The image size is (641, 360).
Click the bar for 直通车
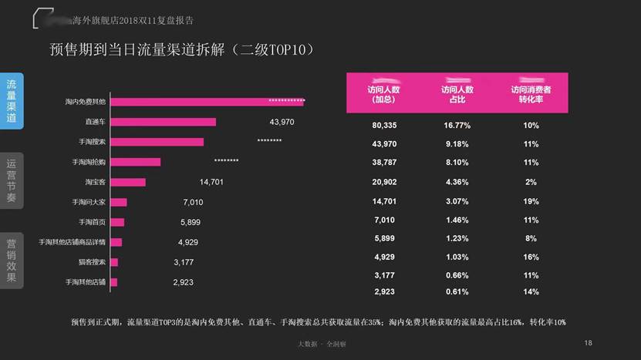(x=164, y=122)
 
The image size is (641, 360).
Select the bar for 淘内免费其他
(x=207, y=102)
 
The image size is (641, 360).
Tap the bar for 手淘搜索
(x=157, y=142)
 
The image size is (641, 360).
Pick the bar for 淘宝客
(x=128, y=182)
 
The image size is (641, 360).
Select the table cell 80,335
(x=384, y=125)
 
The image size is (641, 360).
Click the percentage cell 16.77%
(x=457, y=125)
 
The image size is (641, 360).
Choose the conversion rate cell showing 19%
(x=530, y=200)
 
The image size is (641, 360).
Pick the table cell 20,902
(x=384, y=182)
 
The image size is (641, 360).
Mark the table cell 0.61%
(x=457, y=292)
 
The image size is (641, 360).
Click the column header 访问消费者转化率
(x=530, y=94)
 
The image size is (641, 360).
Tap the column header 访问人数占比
(x=457, y=94)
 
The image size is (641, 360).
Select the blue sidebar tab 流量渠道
(x=12, y=101)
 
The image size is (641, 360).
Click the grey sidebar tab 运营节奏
(x=12, y=180)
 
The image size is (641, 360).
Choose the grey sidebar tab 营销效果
(x=12, y=260)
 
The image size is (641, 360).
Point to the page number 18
(x=588, y=343)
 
